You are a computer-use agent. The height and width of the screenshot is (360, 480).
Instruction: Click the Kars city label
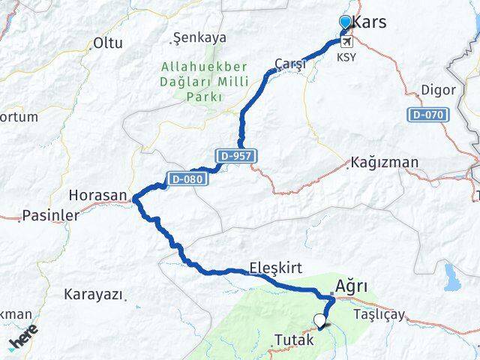click(370, 22)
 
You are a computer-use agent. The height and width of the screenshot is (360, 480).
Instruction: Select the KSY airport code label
click(346, 57)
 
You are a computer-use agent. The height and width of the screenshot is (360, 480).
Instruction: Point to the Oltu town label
click(108, 43)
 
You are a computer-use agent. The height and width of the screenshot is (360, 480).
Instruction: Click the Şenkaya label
click(199, 37)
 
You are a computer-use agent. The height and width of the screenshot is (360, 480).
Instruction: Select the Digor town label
click(439, 90)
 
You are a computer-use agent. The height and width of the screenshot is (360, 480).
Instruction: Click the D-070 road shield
click(429, 115)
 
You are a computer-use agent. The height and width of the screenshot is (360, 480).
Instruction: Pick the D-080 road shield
click(184, 178)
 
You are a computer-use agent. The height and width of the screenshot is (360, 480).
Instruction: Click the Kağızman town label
click(384, 163)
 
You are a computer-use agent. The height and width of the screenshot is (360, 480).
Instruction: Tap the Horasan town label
click(97, 194)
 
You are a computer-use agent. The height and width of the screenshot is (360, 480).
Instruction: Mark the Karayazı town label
click(93, 294)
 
